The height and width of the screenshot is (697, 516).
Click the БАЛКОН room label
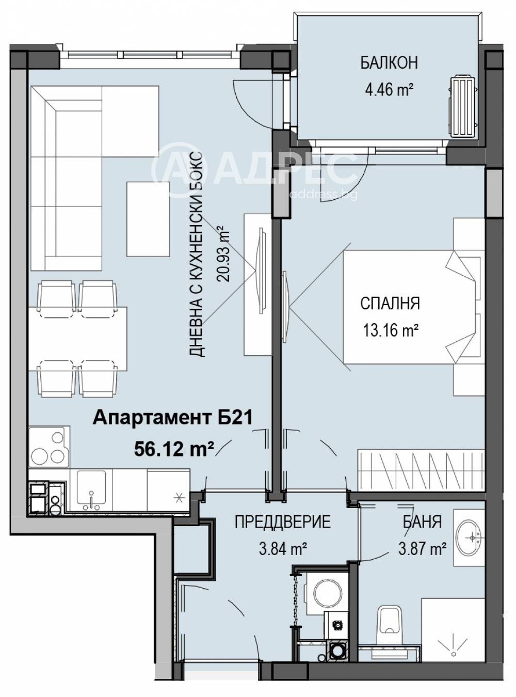pos(389,62)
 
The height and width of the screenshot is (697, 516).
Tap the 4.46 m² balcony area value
pos(389,90)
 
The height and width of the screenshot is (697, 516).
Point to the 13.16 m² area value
pos(391,330)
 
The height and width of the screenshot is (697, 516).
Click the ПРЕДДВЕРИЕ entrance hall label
pos(283,521)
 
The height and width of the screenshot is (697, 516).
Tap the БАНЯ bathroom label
pos(422,521)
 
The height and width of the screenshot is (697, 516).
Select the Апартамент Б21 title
pos(172,418)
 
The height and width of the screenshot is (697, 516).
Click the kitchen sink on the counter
pos(91,490)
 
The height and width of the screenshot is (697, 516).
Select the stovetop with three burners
pos(49,446)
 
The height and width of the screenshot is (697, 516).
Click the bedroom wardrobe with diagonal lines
pos(421,471)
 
